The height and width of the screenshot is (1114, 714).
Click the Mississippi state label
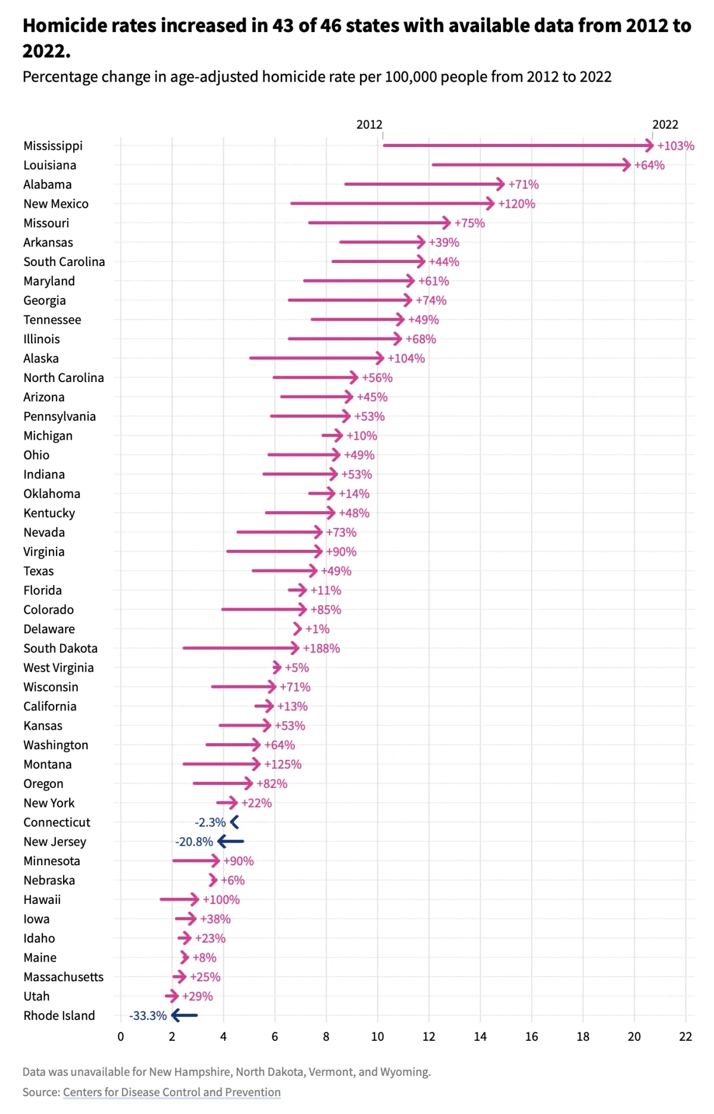[53, 146]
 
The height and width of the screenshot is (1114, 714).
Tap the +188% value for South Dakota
[321, 648]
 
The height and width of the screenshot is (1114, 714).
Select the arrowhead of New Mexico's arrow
[490, 204]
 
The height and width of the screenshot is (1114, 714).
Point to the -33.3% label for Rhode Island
[148, 1015]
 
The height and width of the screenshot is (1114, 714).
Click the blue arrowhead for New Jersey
[222, 841]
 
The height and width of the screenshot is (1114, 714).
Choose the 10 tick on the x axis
[377, 1036]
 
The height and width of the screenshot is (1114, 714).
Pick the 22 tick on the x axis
[685, 1036]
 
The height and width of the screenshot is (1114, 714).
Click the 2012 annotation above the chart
[369, 124]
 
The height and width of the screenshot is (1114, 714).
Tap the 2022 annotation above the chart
[665, 124]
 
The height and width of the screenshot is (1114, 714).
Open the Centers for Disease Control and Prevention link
[172, 1092]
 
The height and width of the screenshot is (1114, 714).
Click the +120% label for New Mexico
[516, 204]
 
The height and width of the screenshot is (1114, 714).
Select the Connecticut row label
[57, 822]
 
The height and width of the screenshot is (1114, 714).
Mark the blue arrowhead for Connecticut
[234, 822]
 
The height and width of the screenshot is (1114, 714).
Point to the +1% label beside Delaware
[317, 629]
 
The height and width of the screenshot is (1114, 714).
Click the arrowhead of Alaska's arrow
[380, 358]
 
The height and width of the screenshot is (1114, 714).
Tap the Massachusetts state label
[63, 977]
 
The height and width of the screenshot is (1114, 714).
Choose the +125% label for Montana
[283, 764]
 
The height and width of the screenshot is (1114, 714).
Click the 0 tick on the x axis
[121, 1036]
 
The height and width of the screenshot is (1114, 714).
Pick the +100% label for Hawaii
[221, 899]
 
